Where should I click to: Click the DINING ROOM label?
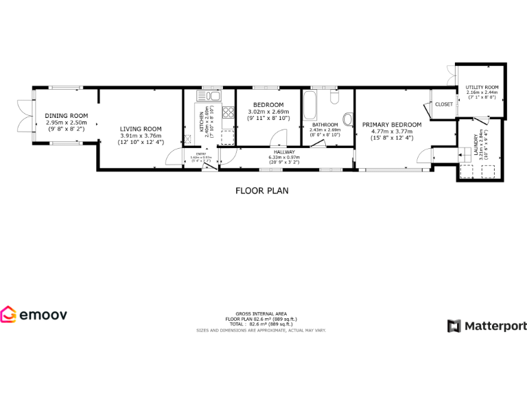click(x=67, y=115)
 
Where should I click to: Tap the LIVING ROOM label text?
click(x=141, y=129)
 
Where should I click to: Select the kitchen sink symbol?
click(x=209, y=96)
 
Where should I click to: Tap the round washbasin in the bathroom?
click(x=347, y=120)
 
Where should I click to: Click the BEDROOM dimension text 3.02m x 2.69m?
click(x=268, y=112)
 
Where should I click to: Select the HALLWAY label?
click(x=284, y=152)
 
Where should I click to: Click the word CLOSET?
click(x=444, y=104)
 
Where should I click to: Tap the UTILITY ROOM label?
click(x=482, y=88)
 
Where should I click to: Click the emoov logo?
click(x=34, y=315)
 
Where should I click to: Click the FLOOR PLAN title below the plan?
click(x=261, y=191)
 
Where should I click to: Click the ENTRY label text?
click(x=201, y=154)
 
